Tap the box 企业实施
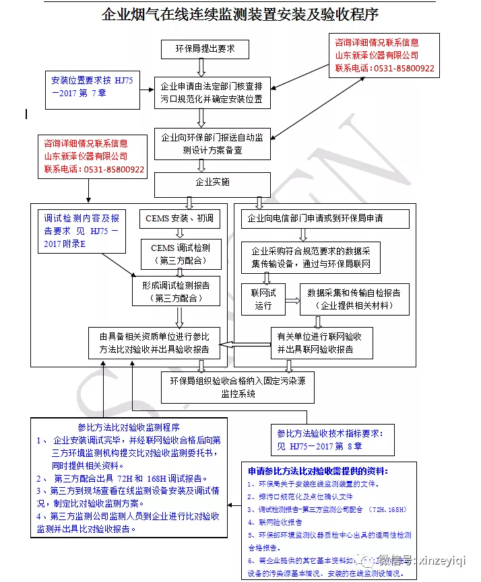click(x=212, y=182)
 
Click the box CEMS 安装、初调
click(x=179, y=219)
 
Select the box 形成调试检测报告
click(x=176, y=291)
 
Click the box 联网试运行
click(x=263, y=299)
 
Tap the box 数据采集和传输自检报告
click(x=353, y=299)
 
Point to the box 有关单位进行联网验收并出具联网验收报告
click(x=321, y=342)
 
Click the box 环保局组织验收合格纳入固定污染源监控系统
click(x=238, y=388)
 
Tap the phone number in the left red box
click(x=94, y=170)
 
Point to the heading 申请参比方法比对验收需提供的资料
click(x=318, y=471)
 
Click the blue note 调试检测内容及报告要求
click(x=80, y=231)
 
